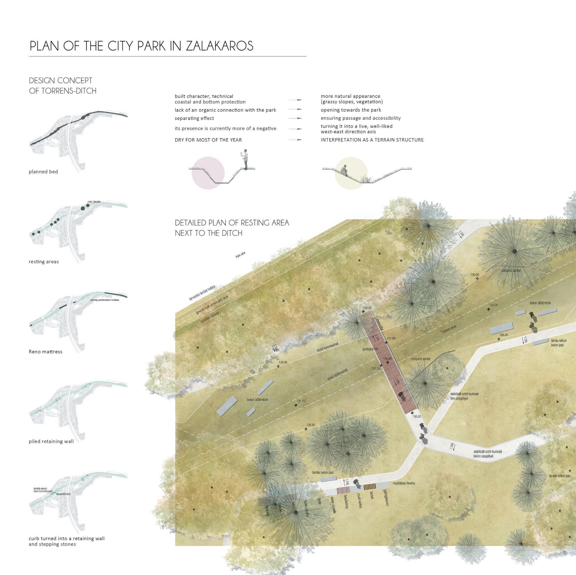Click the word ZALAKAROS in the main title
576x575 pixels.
click(x=219, y=46)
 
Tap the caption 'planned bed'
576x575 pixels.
click(x=43, y=172)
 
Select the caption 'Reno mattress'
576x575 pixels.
click(x=45, y=352)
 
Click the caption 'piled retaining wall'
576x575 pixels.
click(x=51, y=441)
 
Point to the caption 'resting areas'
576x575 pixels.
click(x=44, y=262)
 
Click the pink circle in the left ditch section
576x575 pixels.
click(x=208, y=173)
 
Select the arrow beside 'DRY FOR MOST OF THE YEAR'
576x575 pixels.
click(x=295, y=140)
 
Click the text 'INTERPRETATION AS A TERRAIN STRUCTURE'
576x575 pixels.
click(x=372, y=140)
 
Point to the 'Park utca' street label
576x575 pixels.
click(x=240, y=254)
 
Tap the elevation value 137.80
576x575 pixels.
click(x=391, y=339)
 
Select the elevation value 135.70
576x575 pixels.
click(x=301, y=401)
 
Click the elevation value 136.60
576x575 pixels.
click(x=475, y=275)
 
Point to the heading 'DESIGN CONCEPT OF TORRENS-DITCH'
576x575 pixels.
click(x=63, y=86)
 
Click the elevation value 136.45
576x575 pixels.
click(x=503, y=335)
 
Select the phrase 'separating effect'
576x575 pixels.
click(x=194, y=118)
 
